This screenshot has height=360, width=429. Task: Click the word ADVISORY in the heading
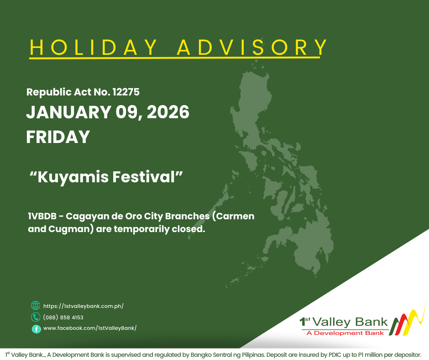pyautogui.click(x=252, y=48)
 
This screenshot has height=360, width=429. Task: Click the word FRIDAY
pyautogui.click(x=58, y=137)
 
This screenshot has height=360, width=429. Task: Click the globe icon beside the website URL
pyautogui.click(x=36, y=306)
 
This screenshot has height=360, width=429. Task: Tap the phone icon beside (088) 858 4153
pyautogui.click(x=36, y=317)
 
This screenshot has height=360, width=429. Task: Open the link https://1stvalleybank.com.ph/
pyautogui.click(x=84, y=306)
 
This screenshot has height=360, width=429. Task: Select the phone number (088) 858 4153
pyautogui.click(x=63, y=318)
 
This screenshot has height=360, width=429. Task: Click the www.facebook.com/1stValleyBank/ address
pyautogui.click(x=90, y=328)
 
